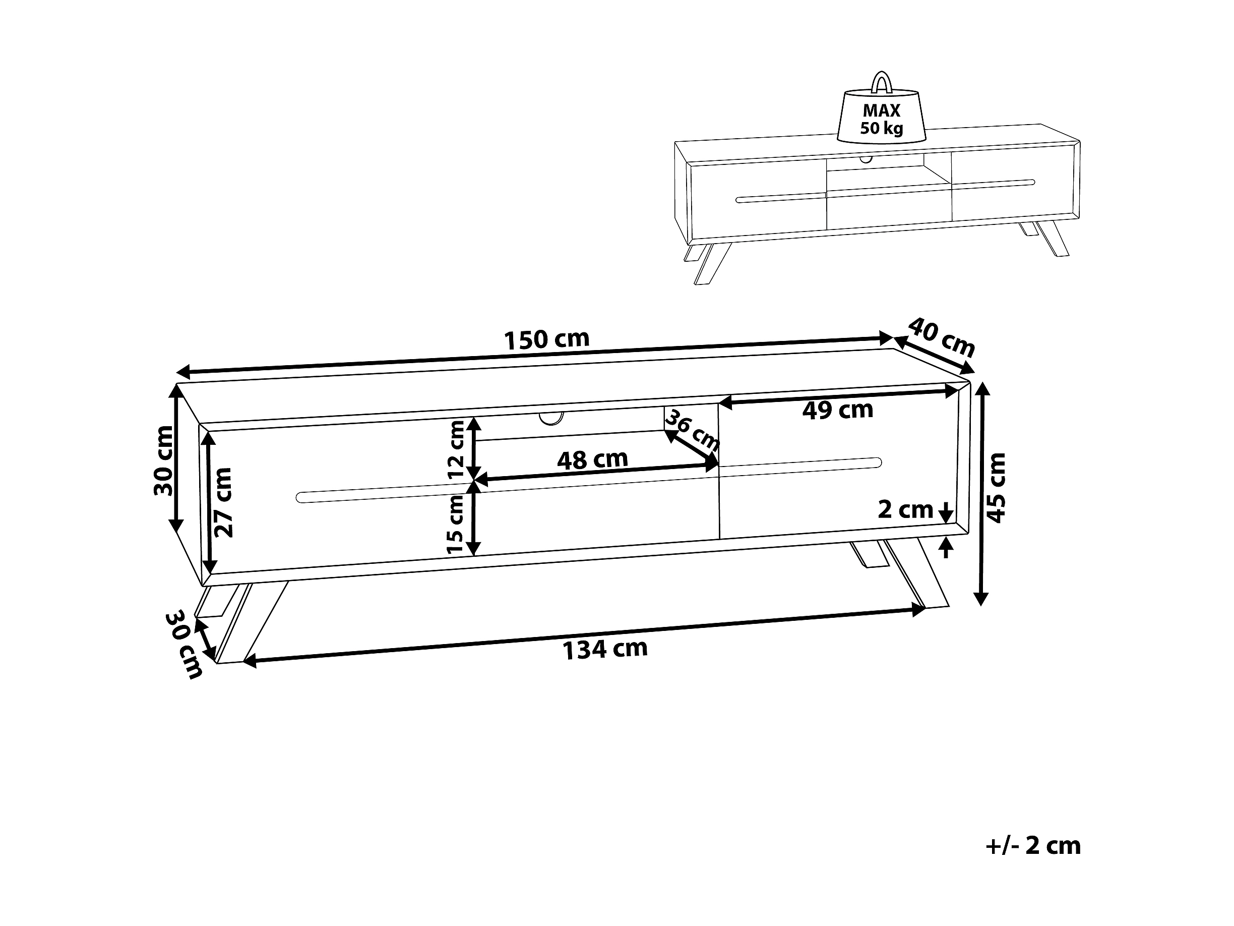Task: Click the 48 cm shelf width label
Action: coord(592,459)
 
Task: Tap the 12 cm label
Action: coord(456,449)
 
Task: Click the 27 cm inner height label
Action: coord(224,502)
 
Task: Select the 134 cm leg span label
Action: coord(605,649)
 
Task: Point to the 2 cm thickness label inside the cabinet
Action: coord(905,509)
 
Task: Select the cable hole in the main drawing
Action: coord(550,418)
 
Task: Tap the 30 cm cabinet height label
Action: coord(163,460)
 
